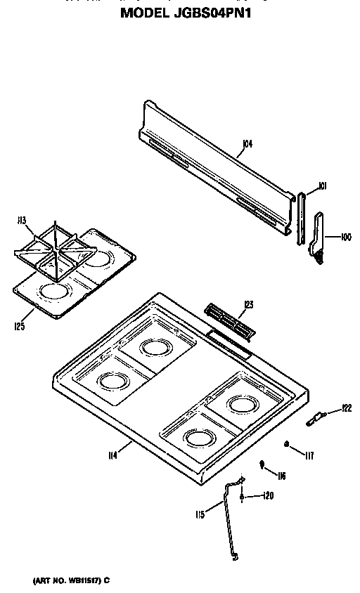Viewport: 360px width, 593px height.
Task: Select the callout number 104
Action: point(247,145)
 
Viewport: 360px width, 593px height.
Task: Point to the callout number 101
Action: point(323,186)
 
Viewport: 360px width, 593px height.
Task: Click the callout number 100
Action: point(347,237)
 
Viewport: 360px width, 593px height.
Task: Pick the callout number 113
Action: point(22,221)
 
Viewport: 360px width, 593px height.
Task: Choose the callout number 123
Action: point(249,304)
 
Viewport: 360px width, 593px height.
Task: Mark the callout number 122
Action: point(346,408)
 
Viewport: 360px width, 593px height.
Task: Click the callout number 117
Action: point(309,455)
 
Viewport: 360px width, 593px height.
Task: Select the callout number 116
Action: point(281,476)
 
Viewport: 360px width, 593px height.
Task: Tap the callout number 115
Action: point(200,514)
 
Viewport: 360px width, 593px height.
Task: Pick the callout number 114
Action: point(111,455)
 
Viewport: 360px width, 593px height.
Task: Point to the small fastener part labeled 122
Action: point(316,420)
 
